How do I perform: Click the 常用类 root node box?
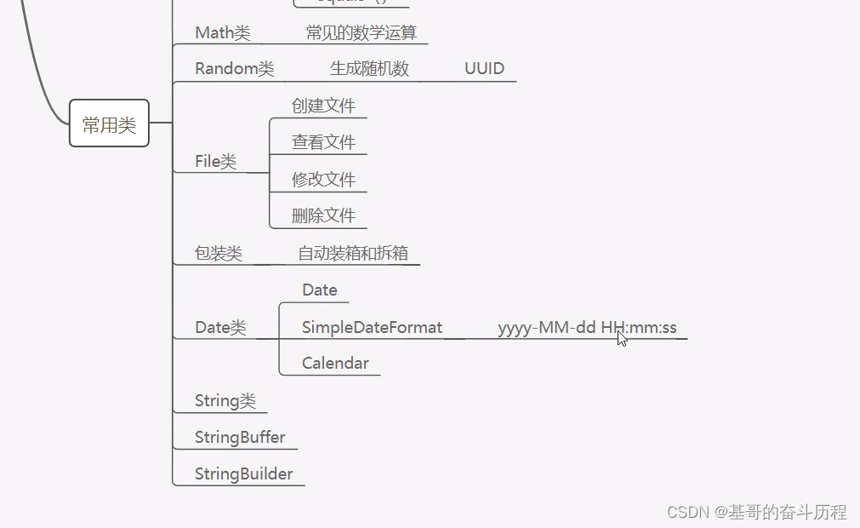coord(109,123)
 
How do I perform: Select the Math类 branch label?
coord(222,32)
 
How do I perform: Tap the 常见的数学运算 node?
coord(362,32)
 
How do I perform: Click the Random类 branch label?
coord(234,68)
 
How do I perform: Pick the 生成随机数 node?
coord(369,68)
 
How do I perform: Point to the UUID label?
coord(484,68)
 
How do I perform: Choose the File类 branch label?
coord(215,161)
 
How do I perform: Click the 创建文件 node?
coord(323,106)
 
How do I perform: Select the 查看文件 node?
coord(323,142)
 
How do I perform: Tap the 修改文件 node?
coord(323,179)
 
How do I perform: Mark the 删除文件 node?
coord(323,215)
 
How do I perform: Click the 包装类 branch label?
coord(219,253)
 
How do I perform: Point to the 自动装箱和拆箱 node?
coord(353,253)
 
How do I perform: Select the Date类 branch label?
coord(220,327)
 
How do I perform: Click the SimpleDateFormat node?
coord(372,327)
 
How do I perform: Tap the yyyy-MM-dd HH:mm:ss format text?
coord(587,327)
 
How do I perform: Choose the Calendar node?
coord(335,363)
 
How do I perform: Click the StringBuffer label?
coord(240,437)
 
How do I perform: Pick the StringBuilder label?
coord(243,473)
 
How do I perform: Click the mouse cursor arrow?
coord(622,338)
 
